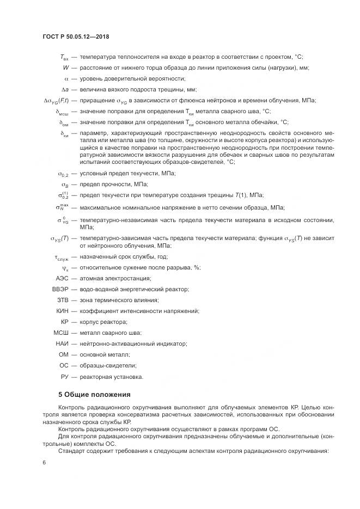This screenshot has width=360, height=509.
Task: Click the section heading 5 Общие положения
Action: click(x=94, y=394)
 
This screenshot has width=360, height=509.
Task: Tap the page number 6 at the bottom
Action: click(x=44, y=462)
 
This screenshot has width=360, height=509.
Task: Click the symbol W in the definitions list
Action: click(x=66, y=68)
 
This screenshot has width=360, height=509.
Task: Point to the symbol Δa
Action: click(x=65, y=89)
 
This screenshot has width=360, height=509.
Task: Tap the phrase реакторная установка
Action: click(x=111, y=376)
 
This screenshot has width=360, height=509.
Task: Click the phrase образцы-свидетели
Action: click(x=107, y=365)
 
